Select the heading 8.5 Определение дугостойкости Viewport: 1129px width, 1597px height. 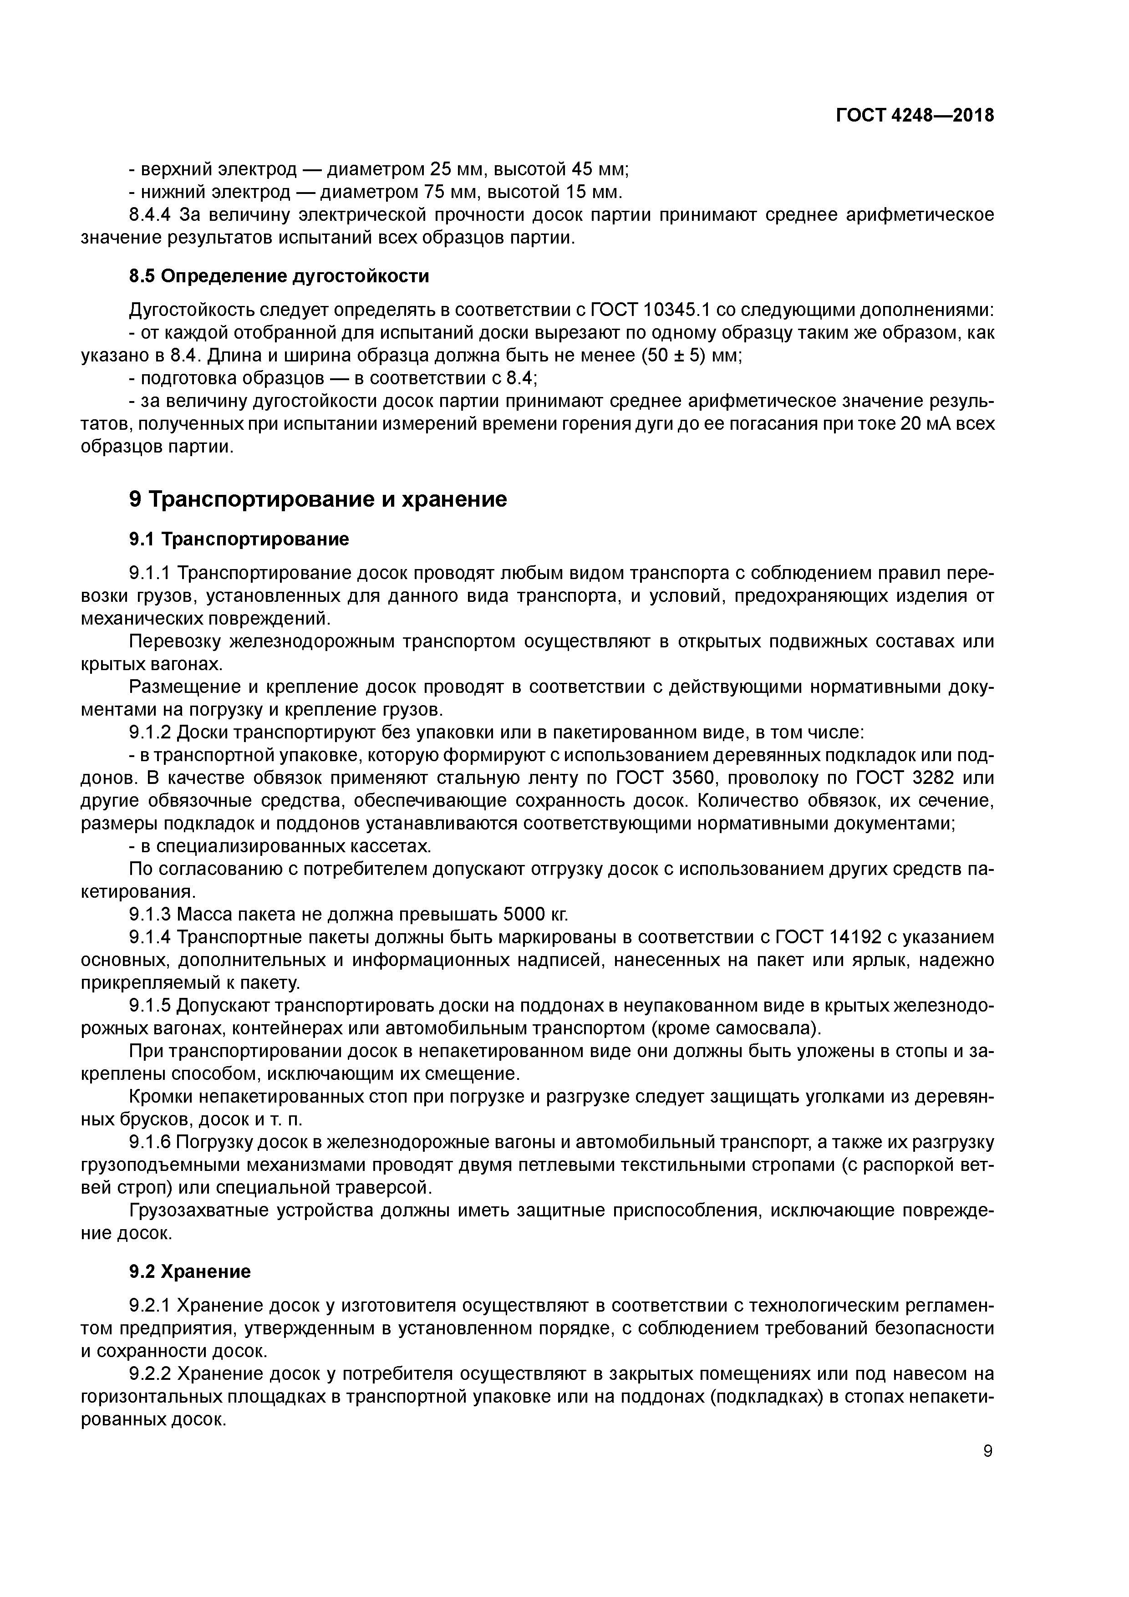[279, 276]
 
